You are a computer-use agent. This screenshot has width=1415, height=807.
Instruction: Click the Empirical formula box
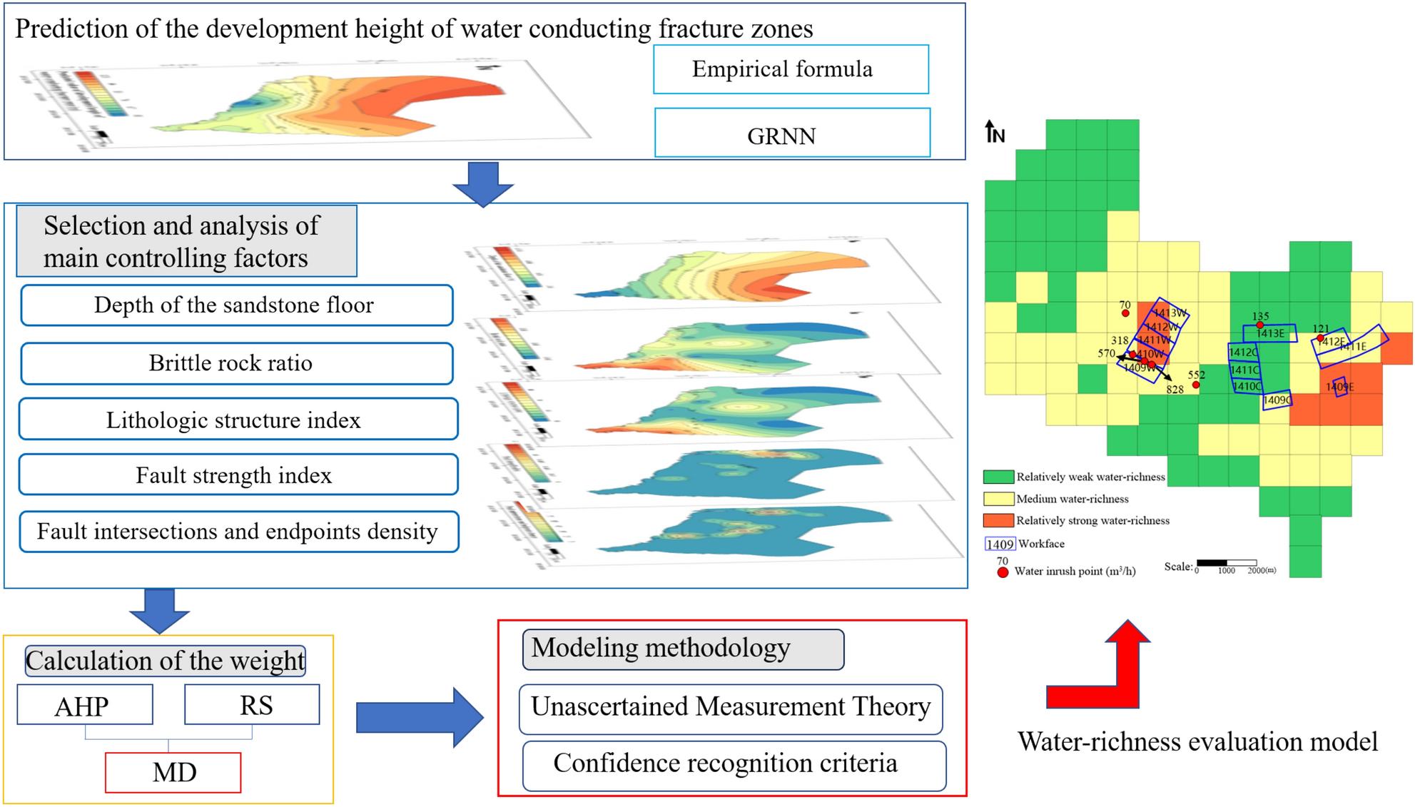791,69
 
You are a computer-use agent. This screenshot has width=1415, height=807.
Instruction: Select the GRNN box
792,133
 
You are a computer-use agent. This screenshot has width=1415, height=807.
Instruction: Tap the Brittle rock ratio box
237,363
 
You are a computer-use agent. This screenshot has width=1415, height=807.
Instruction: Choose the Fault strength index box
238,475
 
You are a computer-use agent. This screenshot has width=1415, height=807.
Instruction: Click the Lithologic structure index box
238,420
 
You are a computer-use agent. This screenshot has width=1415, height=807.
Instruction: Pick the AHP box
85,705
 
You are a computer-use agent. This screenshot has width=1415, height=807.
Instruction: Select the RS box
252,704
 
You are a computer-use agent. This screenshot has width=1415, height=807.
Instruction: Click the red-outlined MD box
173,772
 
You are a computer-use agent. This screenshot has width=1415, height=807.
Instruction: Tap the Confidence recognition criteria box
734,765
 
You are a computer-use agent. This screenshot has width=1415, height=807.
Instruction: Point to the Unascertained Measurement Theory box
731,708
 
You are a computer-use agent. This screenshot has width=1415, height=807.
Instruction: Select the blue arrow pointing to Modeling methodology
420,717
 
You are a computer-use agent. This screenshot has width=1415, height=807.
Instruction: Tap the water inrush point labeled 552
1196,385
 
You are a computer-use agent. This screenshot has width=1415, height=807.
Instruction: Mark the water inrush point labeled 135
1260,325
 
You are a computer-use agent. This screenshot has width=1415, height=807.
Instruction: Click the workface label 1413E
1270,333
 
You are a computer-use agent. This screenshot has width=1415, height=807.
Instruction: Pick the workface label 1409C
1277,400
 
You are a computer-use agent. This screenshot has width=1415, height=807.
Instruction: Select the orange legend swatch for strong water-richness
998,520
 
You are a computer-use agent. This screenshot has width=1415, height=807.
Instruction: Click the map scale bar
1226,563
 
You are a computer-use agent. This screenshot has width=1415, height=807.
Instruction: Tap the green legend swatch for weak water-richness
998,477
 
